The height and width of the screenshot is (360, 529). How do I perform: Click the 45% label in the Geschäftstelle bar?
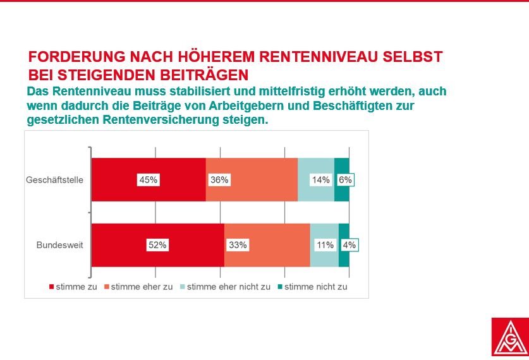tap(149, 179)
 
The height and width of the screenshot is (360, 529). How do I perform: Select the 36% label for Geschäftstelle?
tap(219, 179)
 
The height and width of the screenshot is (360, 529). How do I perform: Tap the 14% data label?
tap(320, 179)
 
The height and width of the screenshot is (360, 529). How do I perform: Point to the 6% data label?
tap(345, 179)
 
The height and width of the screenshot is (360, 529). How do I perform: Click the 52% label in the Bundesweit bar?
tap(157, 244)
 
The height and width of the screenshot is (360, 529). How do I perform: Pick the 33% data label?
tap(238, 244)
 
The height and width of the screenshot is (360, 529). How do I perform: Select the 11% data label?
tap(325, 244)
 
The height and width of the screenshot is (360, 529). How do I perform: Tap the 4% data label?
tap(349, 244)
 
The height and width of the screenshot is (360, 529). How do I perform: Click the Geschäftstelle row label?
tap(54, 179)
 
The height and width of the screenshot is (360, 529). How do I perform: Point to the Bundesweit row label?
tap(59, 244)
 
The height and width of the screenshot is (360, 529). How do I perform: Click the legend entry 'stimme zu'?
tap(73, 287)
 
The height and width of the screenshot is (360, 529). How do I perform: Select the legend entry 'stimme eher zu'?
tap(138, 287)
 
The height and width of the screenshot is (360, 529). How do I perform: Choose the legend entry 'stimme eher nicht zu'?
tap(226, 287)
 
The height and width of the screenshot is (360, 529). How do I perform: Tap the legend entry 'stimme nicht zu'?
tap(312, 287)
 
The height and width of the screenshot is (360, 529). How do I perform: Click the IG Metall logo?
tap(510, 337)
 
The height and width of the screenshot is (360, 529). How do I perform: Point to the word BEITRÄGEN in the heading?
tap(204, 75)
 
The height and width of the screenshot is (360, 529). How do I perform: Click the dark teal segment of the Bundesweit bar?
tap(344, 244)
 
